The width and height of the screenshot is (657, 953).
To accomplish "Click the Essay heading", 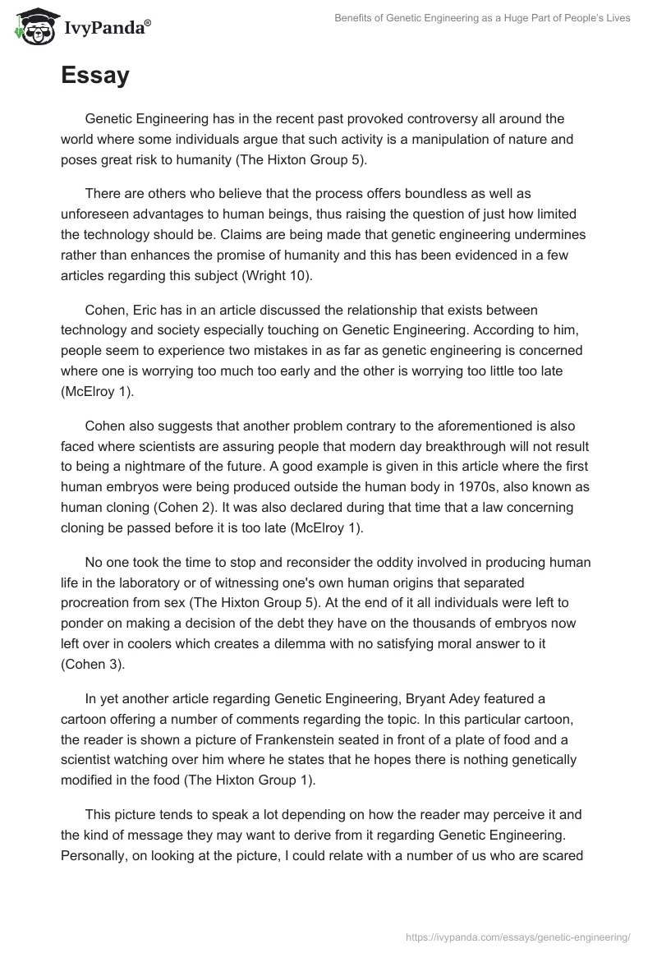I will coord(94,76).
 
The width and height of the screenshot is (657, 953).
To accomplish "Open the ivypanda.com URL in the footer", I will coord(519,936).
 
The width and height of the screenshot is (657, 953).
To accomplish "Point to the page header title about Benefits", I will coord(482,18).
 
